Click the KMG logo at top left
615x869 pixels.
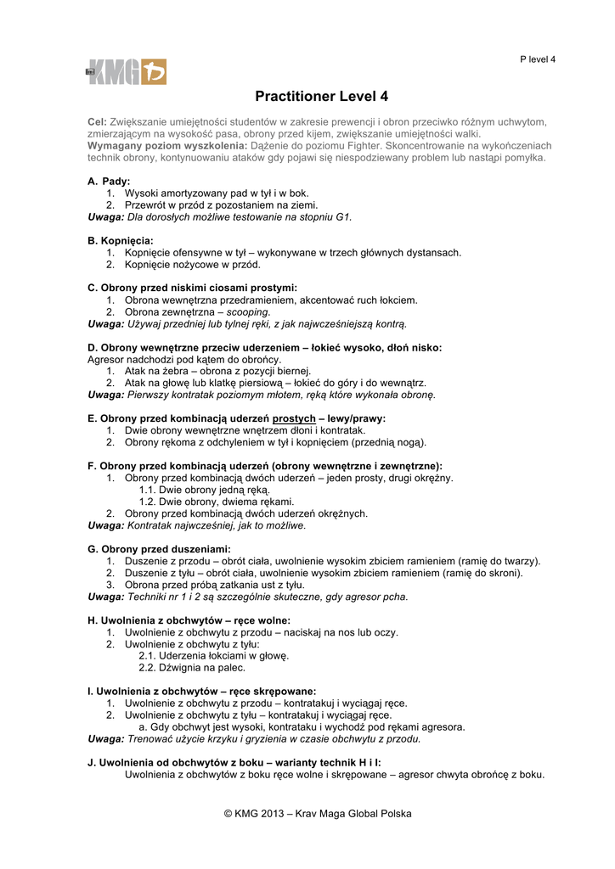point(126,72)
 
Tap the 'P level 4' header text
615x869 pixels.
point(538,59)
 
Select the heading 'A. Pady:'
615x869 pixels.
point(109,182)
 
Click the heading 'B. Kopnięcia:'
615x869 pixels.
point(121,241)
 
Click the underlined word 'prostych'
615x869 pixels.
point(294,418)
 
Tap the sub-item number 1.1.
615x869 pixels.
point(147,490)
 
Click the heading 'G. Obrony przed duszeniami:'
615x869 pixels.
point(159,549)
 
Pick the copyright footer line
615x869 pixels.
point(318,813)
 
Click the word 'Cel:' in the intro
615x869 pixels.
point(97,122)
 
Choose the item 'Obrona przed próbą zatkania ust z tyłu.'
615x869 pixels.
point(214,585)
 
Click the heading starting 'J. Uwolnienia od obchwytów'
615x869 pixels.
point(234,762)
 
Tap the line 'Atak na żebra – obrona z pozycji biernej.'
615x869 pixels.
point(217,371)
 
